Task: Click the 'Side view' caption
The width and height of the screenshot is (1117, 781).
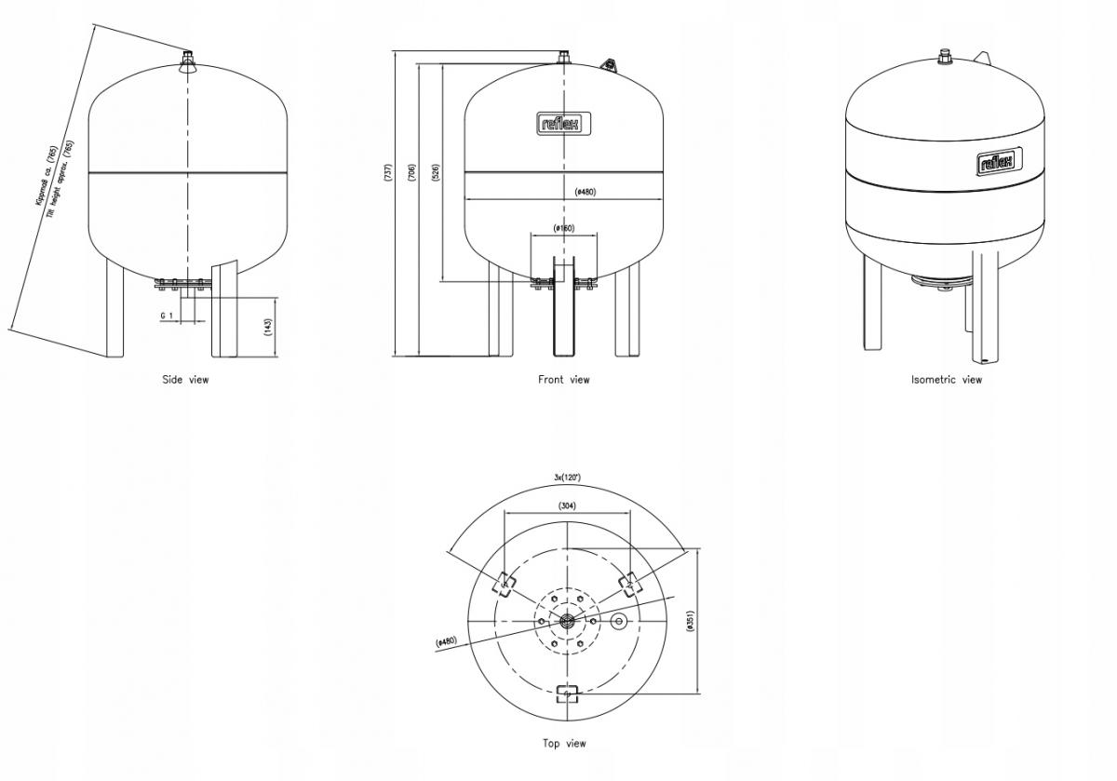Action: pos(186,379)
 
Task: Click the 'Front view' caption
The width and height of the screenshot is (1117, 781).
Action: pos(563,379)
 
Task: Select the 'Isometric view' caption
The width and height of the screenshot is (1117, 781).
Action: pos(946,379)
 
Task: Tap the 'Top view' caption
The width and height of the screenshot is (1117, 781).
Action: pos(564,743)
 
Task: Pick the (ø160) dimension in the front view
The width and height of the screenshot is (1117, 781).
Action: pos(564,228)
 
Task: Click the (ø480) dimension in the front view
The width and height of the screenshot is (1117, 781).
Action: pos(585,192)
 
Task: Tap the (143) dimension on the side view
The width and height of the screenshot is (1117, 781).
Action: pos(268,327)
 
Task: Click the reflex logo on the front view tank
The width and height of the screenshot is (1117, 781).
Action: pos(564,124)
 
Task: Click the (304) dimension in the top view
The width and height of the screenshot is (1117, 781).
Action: pos(566,505)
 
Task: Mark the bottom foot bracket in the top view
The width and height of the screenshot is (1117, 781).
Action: pos(566,693)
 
